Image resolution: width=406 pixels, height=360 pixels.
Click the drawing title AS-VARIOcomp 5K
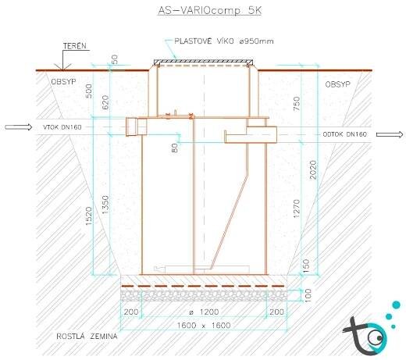tap(209, 11)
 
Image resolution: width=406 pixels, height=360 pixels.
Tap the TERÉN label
tap(75, 46)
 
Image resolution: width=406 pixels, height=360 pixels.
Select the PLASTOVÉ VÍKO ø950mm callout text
tap(224, 41)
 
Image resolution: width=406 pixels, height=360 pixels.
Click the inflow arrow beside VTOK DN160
tap(18, 127)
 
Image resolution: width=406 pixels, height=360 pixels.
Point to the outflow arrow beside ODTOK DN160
tap(390, 134)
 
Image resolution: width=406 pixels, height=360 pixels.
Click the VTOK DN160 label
tap(62, 127)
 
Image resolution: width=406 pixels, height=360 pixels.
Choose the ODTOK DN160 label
tap(344, 134)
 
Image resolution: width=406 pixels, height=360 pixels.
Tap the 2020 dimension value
tap(313, 169)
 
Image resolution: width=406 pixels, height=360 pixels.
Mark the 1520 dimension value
tap(89, 216)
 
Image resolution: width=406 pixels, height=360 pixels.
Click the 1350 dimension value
tap(105, 205)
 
